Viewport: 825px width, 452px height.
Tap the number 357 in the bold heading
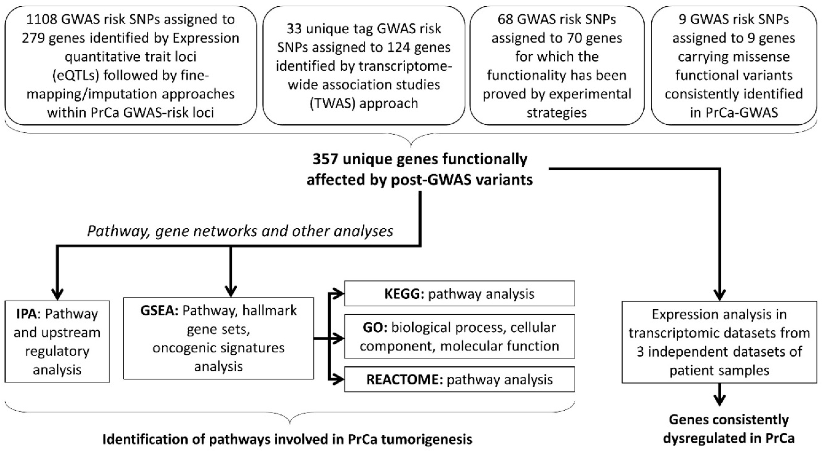325,159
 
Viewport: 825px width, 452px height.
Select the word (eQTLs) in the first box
71,76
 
